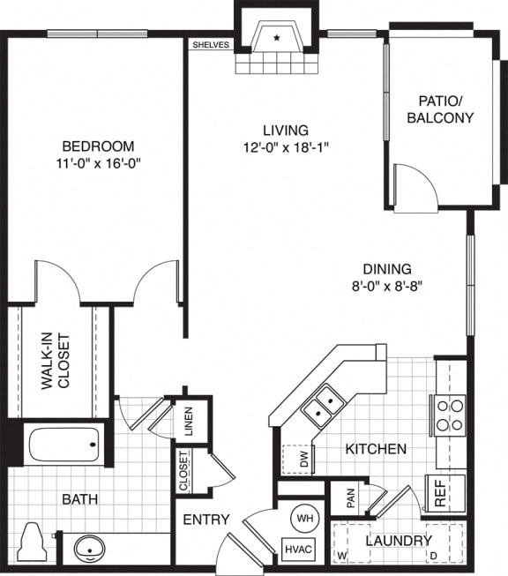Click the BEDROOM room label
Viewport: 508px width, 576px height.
(98, 146)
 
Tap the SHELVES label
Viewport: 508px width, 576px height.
(210, 44)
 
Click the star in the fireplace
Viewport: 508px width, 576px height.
(277, 38)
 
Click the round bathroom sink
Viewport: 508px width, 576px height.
(89, 549)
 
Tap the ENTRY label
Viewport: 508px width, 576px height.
(206, 520)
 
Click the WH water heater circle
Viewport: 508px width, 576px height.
(304, 518)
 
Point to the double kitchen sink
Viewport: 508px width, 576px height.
(324, 403)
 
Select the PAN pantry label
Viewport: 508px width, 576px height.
(351, 500)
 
